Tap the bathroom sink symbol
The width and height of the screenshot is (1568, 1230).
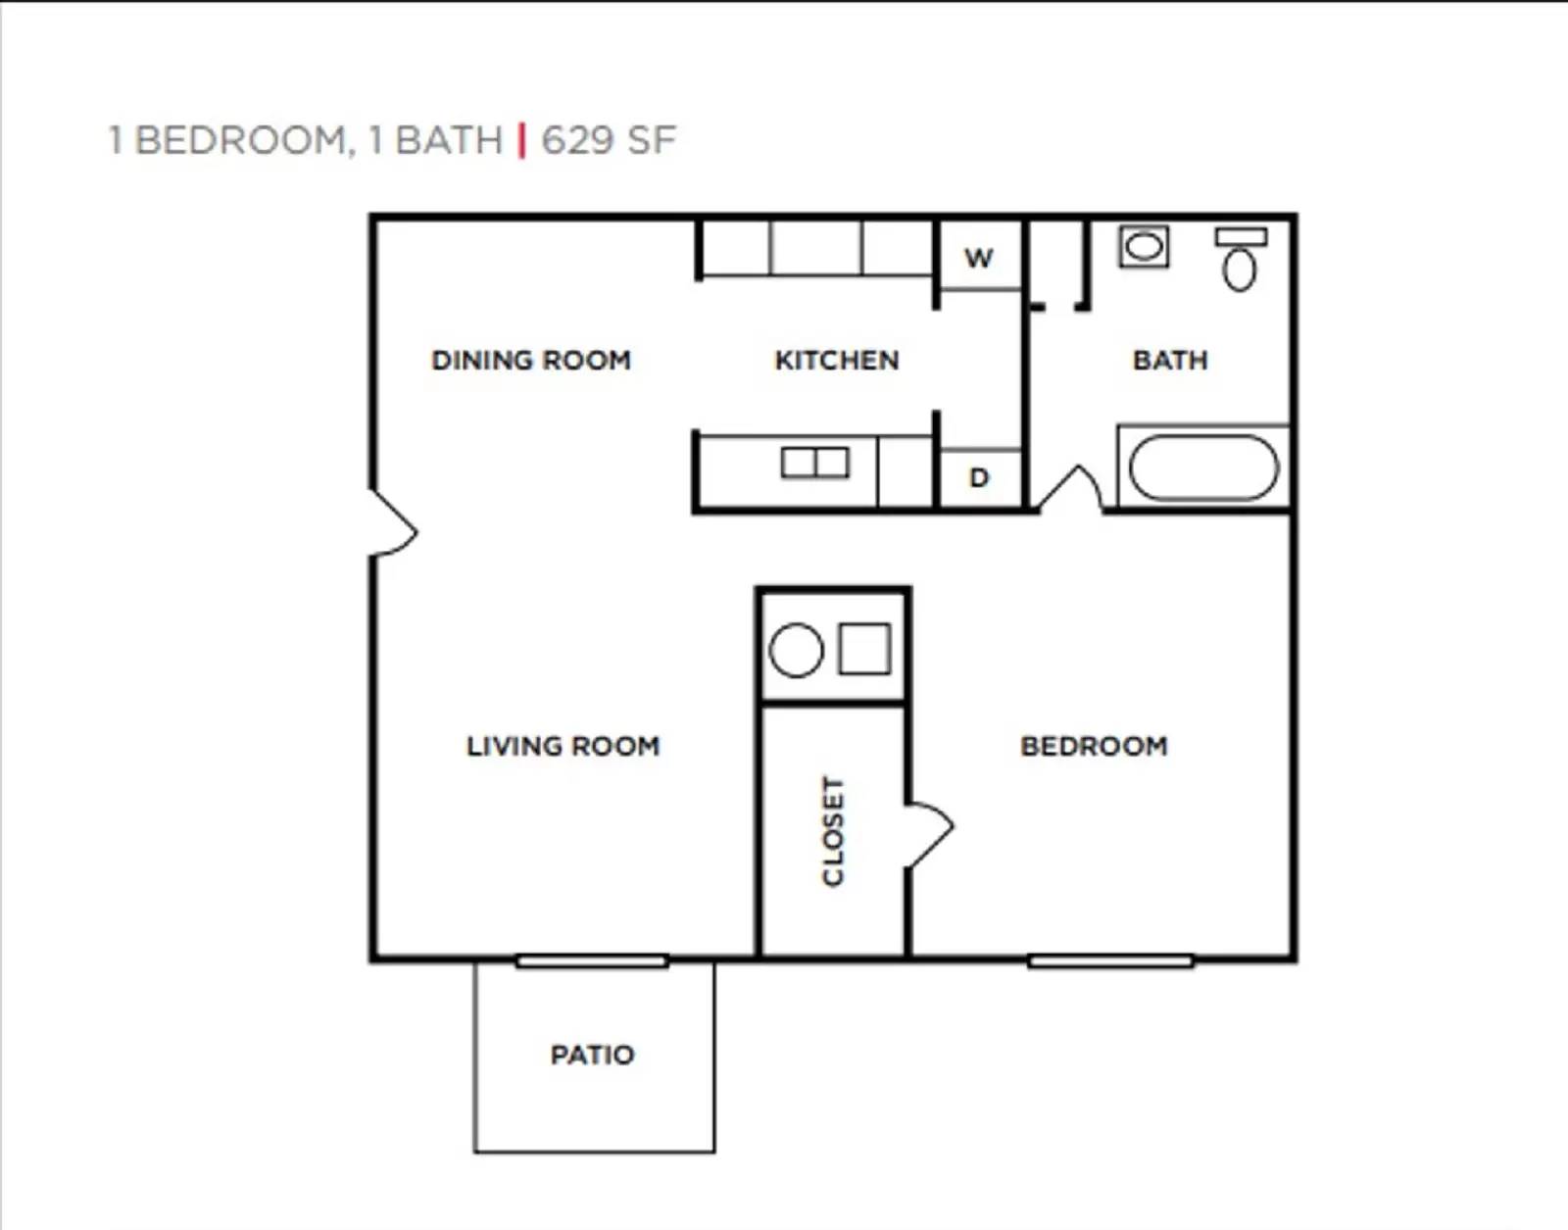point(1144,246)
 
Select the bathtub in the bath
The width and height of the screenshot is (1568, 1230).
point(1203,467)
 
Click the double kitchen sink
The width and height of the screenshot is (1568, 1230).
point(814,462)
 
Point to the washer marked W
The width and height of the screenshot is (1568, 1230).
point(979,258)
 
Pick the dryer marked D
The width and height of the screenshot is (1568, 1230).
point(979,478)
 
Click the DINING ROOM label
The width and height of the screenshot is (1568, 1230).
point(531,360)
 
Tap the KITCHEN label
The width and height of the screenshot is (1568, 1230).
point(836,360)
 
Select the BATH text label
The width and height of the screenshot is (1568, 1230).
point(1170,360)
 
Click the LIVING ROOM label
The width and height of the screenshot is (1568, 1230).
point(563,746)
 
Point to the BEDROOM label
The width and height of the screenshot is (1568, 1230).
point(1094,746)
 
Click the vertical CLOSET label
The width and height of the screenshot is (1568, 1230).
point(832,831)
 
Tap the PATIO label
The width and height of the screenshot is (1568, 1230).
point(592,1055)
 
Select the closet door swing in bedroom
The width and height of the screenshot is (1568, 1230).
point(928,834)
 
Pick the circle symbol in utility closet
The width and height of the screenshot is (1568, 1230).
point(796,651)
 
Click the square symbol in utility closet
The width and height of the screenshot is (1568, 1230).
point(864,649)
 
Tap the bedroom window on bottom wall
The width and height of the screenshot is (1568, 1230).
point(1110,960)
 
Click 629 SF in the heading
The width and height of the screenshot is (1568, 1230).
point(609,140)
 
